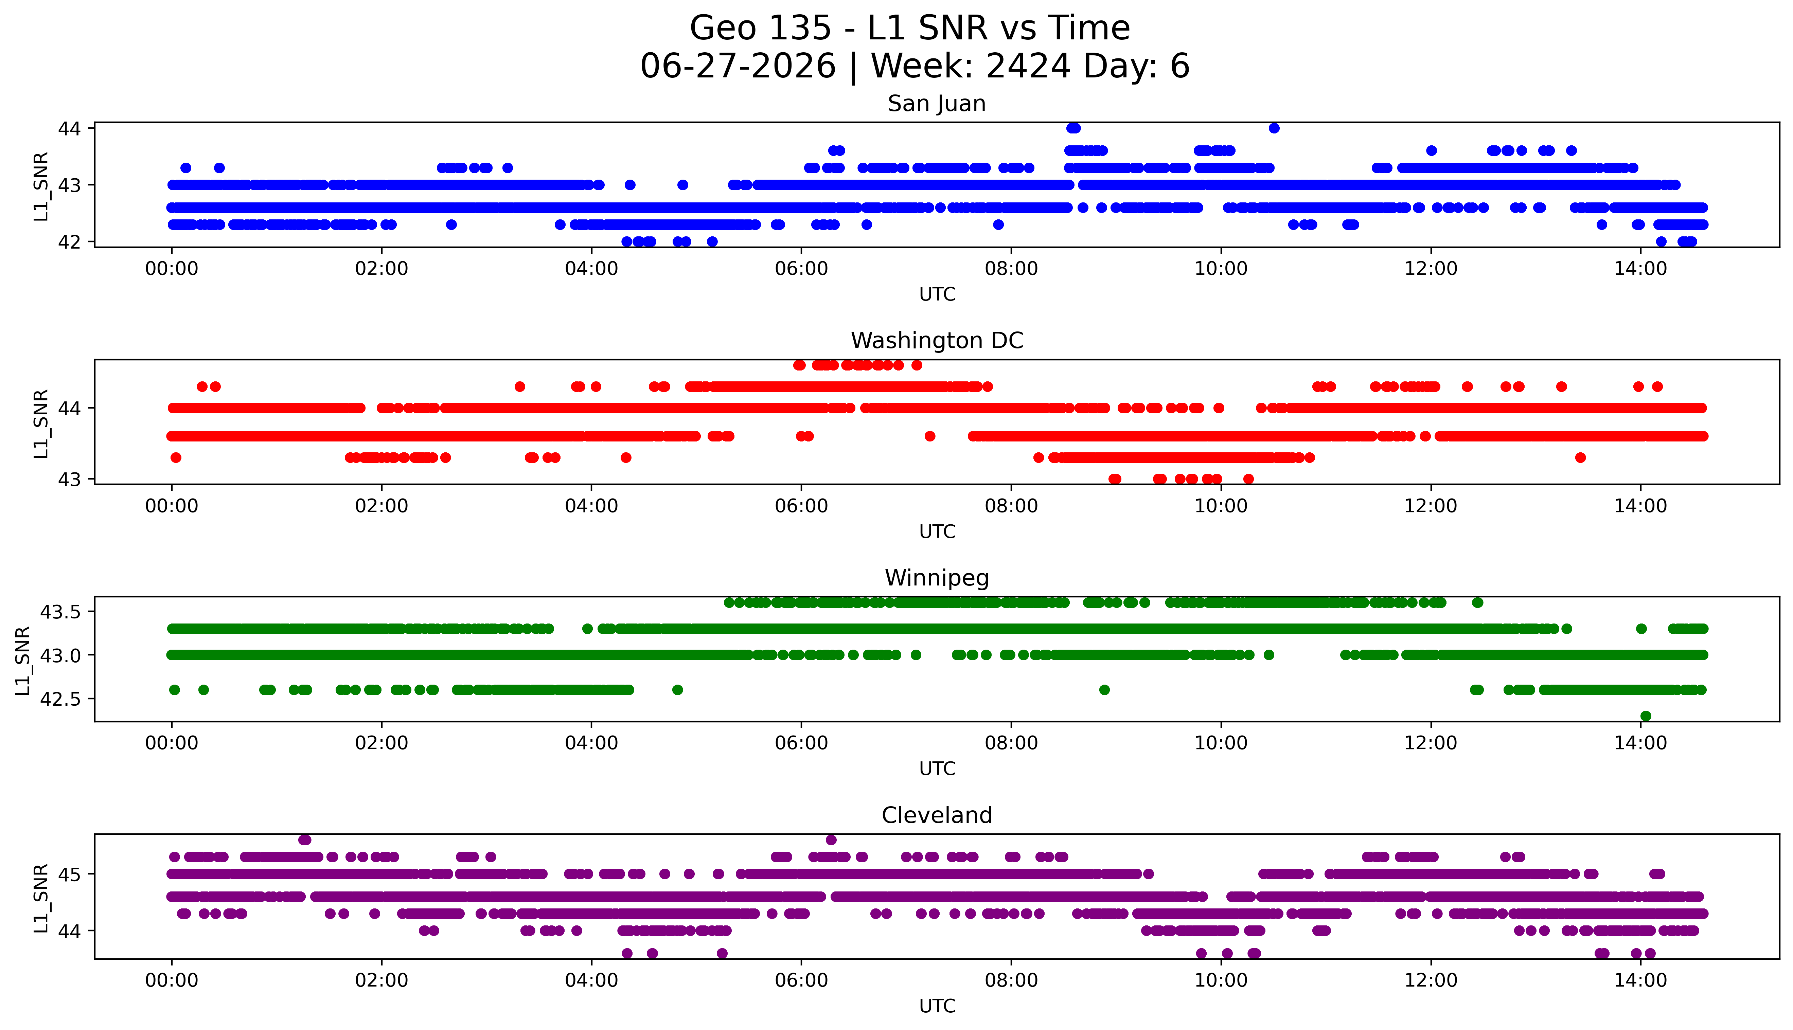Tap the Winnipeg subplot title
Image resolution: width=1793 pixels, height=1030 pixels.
[x=937, y=578]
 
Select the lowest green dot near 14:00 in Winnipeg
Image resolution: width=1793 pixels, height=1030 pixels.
[x=1646, y=716]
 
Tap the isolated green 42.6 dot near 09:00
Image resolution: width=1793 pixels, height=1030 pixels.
[x=1104, y=690]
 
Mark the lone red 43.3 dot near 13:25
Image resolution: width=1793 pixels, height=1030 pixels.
[x=1581, y=458]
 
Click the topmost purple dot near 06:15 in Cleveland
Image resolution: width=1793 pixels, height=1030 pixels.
[x=831, y=840]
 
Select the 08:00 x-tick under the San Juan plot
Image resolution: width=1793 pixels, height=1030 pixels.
[x=1011, y=269]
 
